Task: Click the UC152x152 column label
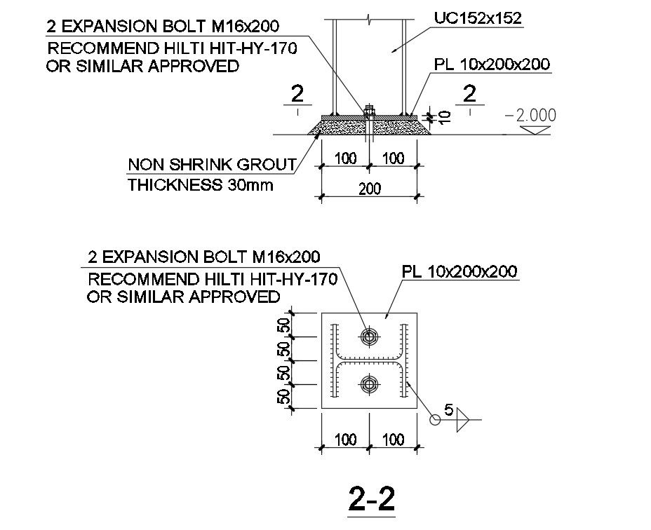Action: coord(477,19)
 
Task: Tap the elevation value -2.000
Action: coord(531,115)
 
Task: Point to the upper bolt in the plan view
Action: coord(368,337)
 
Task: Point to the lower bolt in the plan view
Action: coord(368,383)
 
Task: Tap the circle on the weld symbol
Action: coord(435,420)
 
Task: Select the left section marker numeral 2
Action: coord(298,95)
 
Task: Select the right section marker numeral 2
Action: coord(470,95)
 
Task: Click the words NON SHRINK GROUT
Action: coord(211,165)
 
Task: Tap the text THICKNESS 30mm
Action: coord(200,186)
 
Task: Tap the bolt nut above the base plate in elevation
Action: coord(369,109)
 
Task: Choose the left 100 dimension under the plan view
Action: coord(345,440)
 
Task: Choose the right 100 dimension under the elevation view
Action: coord(393,158)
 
